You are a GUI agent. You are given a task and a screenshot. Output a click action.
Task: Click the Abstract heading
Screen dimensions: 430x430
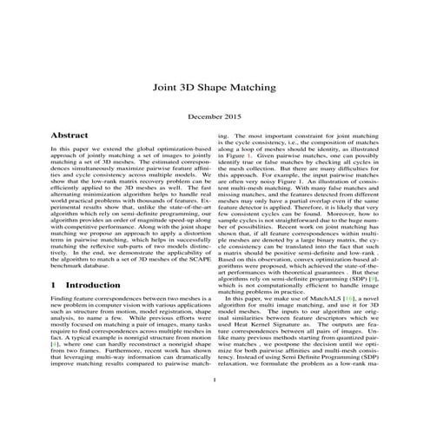coord(69,136)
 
